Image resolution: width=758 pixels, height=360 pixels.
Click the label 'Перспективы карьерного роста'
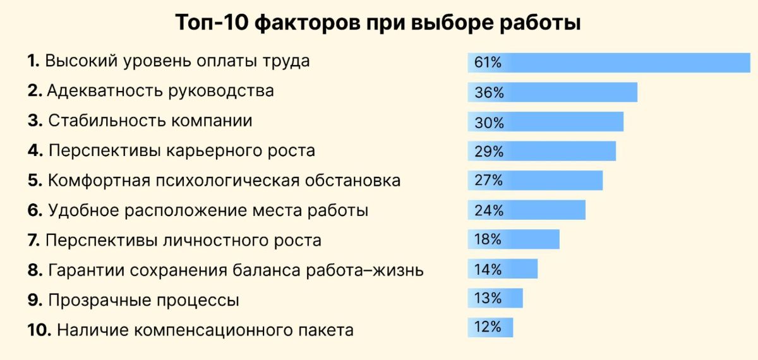click(181, 152)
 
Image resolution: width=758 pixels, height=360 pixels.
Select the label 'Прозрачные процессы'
click(143, 300)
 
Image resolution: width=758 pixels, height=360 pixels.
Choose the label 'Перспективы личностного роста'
click(184, 241)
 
